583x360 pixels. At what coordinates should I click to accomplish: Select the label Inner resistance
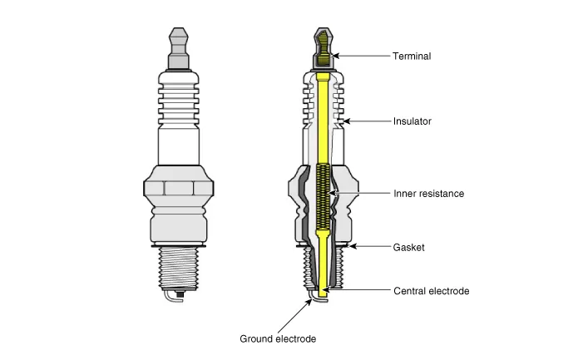pos(428,194)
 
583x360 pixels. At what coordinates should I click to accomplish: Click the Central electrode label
pos(431,291)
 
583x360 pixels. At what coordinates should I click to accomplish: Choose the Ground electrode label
pos(278,339)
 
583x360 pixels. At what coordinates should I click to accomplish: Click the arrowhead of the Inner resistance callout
pos(333,194)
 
